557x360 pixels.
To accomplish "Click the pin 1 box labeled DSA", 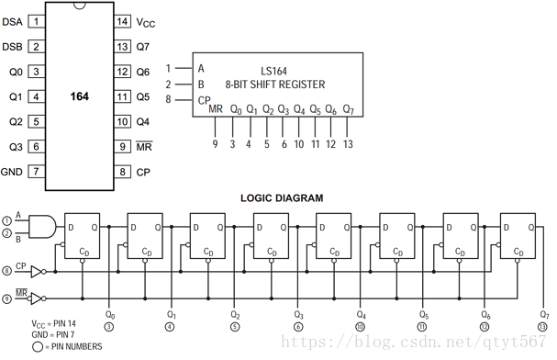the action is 36,22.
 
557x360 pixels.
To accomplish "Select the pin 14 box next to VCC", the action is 122,22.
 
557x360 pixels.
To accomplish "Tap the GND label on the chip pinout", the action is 11,172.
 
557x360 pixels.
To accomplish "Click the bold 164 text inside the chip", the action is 79,96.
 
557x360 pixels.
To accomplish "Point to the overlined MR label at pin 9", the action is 144,146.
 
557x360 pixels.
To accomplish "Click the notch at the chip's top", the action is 79,6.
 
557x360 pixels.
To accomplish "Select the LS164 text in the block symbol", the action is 273,71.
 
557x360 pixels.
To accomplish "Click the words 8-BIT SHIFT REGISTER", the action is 275,84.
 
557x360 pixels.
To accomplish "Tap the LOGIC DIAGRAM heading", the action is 282,198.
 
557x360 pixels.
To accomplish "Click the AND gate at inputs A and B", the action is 42,226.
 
